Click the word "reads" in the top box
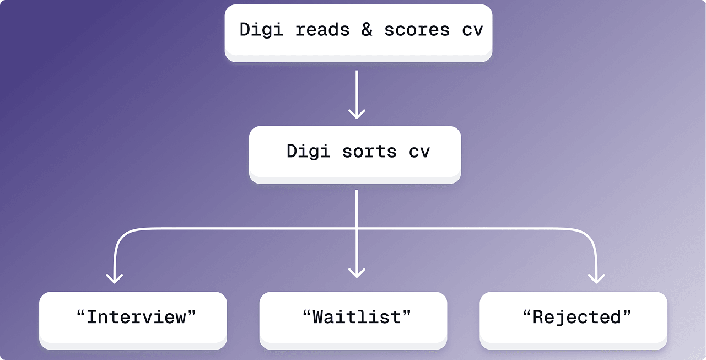322,30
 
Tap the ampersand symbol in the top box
367,30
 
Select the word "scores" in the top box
417,30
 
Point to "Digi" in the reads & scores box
261,30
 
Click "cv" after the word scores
472,30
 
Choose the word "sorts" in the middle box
369,152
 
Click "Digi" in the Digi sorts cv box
308,152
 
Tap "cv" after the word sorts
419,152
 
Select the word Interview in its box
137,317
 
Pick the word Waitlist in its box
357,317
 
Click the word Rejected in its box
576,317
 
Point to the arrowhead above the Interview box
114,277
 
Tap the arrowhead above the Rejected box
596,277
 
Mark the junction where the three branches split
357,228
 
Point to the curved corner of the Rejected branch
590,234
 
